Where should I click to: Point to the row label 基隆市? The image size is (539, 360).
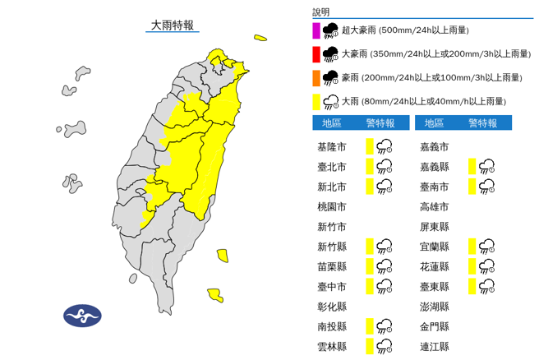point(331,147)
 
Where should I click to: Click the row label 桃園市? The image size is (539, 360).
point(331,206)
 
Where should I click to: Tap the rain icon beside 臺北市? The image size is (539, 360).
point(384,167)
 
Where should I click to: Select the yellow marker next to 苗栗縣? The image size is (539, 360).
point(370,266)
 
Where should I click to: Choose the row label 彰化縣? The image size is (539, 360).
point(331,306)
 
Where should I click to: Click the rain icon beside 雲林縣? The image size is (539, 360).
point(384,346)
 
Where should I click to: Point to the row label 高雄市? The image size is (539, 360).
point(434,206)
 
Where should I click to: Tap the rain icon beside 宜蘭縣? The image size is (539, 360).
point(486,247)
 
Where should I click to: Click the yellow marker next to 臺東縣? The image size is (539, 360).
point(472,286)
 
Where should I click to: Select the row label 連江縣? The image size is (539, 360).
point(434,346)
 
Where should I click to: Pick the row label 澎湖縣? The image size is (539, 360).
point(434,306)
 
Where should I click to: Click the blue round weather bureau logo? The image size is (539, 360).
point(82,316)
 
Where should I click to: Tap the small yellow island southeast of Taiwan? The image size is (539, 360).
point(214,294)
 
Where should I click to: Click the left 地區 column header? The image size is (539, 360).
point(332,123)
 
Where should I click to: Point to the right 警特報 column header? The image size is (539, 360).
point(481,123)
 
